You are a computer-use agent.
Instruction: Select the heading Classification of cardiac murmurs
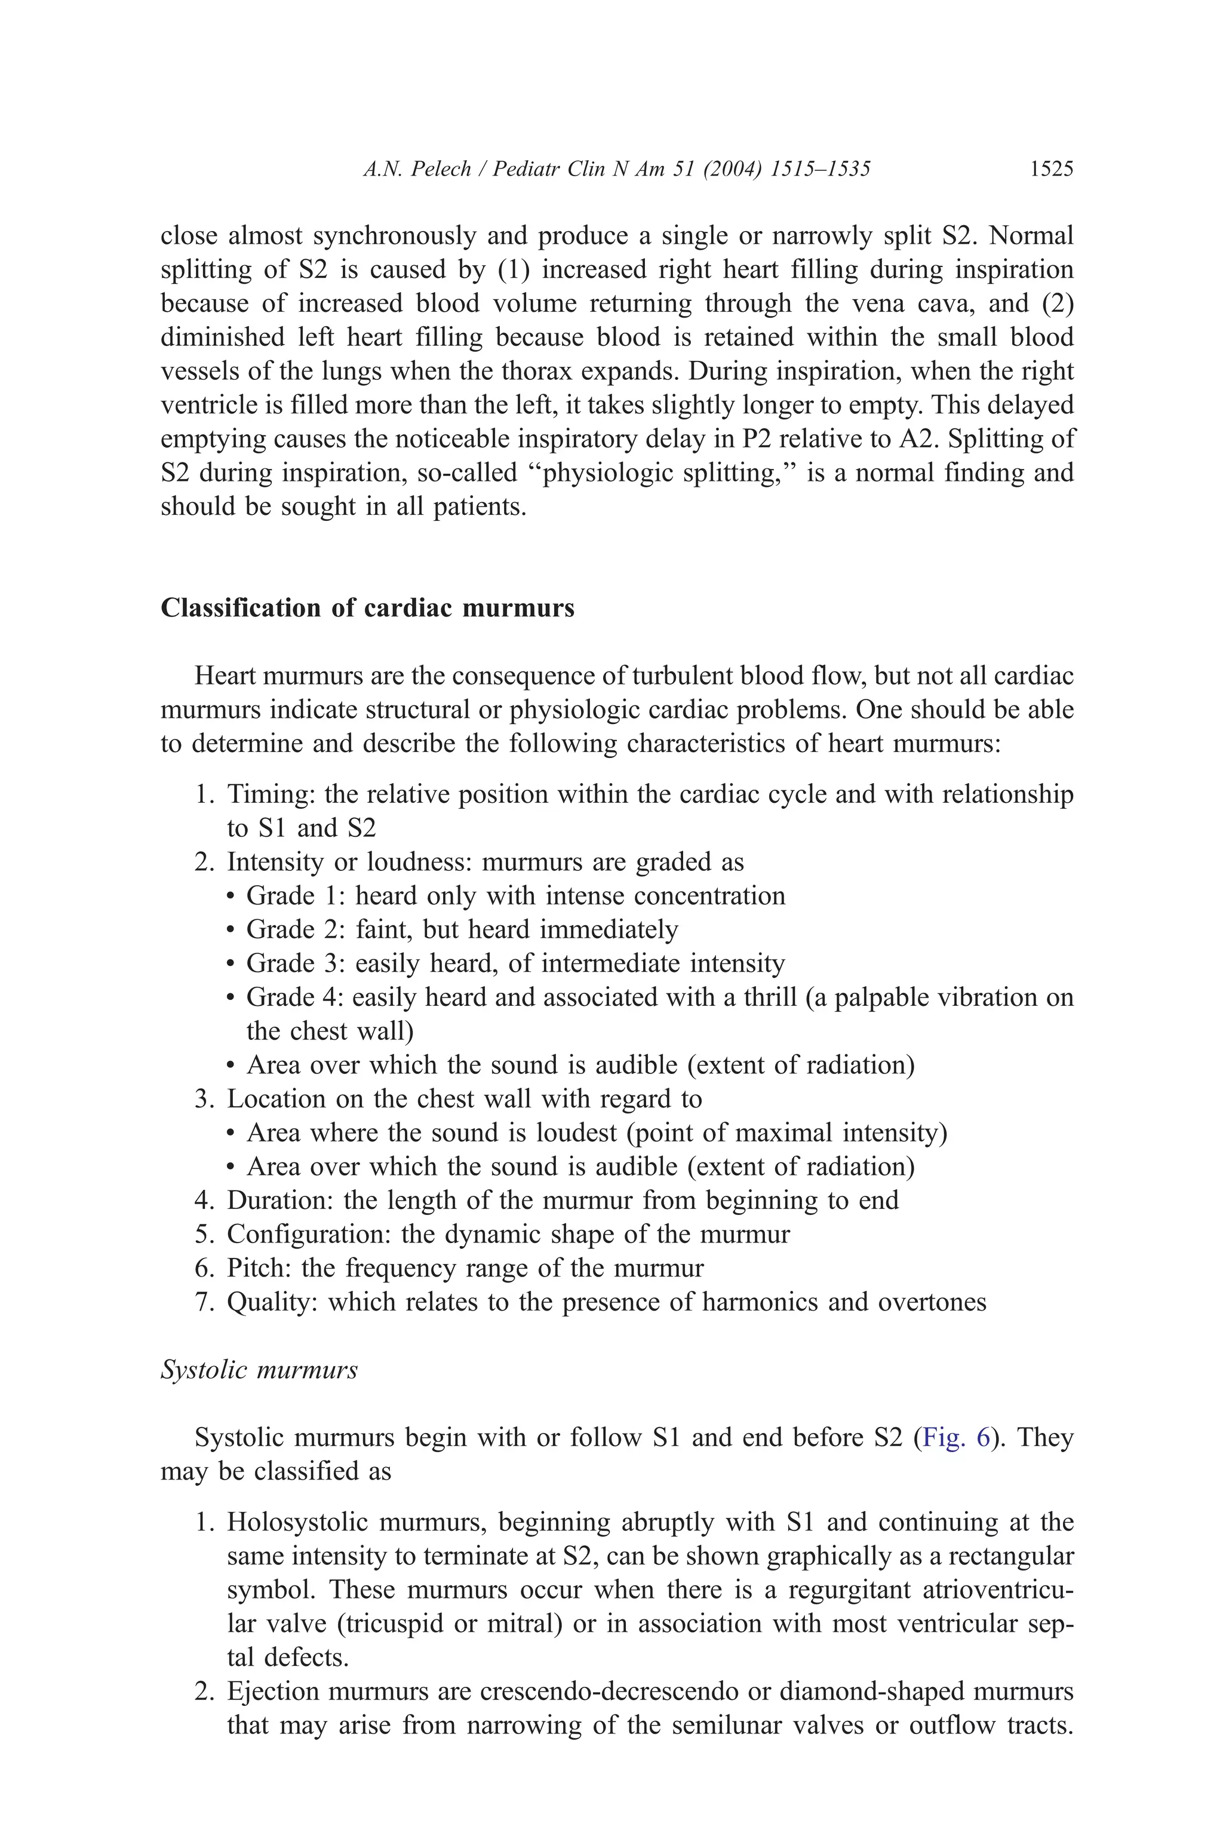point(367,607)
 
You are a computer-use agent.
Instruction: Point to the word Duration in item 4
point(278,1200)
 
